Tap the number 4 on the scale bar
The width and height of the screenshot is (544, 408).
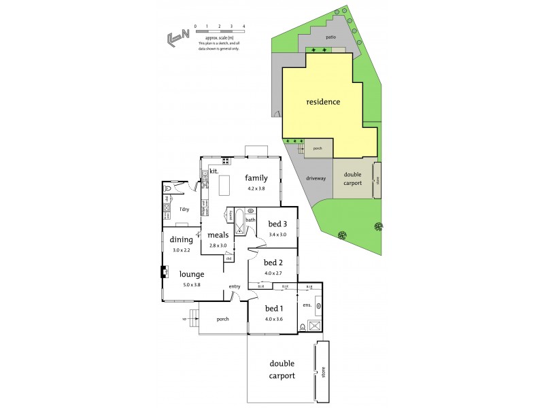coord(243,26)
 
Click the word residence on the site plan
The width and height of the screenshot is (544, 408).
coord(323,102)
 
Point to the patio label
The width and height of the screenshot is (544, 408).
coord(330,37)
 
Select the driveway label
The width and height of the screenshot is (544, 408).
coord(316,178)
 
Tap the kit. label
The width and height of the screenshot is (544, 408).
coord(213,171)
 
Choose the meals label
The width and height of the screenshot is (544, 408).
coord(218,235)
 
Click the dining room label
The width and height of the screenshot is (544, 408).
coord(182,239)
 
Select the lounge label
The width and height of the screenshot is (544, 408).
coord(192,274)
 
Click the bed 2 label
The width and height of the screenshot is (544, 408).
coord(273,262)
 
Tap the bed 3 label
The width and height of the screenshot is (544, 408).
coord(277,224)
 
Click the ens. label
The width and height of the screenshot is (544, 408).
coord(307,305)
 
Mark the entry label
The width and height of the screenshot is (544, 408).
coord(235,286)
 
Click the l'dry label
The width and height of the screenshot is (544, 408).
coord(184,209)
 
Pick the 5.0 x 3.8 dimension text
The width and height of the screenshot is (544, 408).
coord(192,284)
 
